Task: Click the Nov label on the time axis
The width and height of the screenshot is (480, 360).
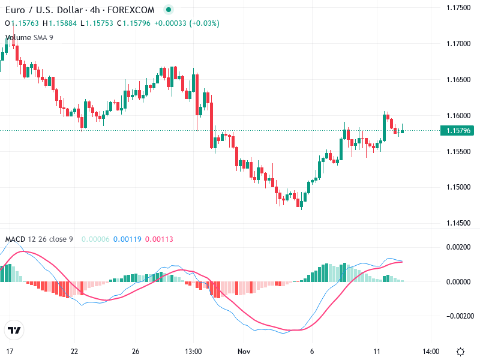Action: tap(243, 351)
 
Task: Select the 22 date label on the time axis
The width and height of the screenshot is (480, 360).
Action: tap(74, 351)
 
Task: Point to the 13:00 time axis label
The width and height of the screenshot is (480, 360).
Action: tap(193, 351)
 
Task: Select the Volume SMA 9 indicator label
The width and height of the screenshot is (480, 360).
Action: tap(29, 37)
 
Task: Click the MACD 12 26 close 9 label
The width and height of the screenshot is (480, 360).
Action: tap(39, 239)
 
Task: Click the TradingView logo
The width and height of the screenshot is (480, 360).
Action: tap(14, 330)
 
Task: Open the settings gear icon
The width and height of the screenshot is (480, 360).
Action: tap(460, 352)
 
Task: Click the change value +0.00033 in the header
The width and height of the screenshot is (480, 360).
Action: tap(170, 23)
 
